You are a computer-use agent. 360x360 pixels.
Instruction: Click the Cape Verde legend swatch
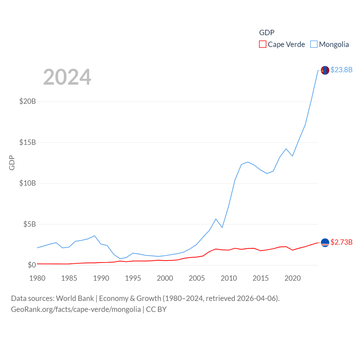pyautogui.click(x=262, y=44)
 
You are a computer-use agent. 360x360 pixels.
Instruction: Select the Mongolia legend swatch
pyautogui.click(x=314, y=44)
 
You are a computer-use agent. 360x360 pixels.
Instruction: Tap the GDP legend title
pyautogui.click(x=267, y=33)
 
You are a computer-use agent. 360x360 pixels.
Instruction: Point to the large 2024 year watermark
pyautogui.click(x=67, y=77)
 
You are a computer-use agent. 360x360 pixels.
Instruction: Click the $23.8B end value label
pyautogui.click(x=341, y=70)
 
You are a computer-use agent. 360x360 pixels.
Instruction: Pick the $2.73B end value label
pyautogui.click(x=341, y=242)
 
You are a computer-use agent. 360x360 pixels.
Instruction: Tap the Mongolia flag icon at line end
pyautogui.click(x=325, y=70)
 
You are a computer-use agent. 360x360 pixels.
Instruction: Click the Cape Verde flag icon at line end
pyautogui.click(x=325, y=242)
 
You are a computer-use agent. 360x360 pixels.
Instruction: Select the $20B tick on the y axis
pyautogui.click(x=28, y=101)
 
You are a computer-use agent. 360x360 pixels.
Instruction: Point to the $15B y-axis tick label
pyautogui.click(x=28, y=142)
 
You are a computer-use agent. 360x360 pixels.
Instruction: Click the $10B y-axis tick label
pyautogui.click(x=28, y=183)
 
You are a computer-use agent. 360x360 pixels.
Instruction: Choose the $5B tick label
pyautogui.click(x=30, y=224)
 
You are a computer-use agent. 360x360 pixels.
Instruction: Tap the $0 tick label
pyautogui.click(x=32, y=265)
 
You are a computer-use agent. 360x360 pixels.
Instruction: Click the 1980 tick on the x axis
pyautogui.click(x=37, y=278)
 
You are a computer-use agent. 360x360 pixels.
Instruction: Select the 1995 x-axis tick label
pyautogui.click(x=133, y=278)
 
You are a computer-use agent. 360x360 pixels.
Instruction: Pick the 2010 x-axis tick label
pyautogui.click(x=229, y=278)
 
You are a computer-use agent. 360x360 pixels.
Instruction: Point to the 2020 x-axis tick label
pyautogui.click(x=292, y=278)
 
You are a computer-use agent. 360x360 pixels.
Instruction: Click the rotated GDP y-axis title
pyautogui.click(x=12, y=163)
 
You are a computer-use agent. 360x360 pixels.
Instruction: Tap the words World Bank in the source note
pyautogui.click(x=75, y=298)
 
